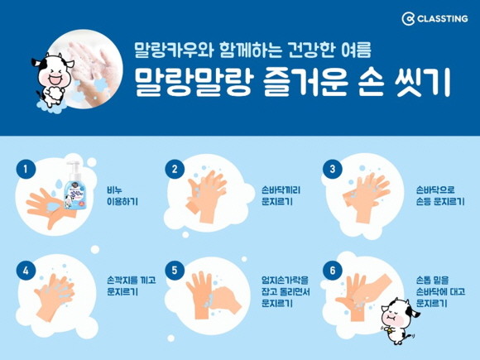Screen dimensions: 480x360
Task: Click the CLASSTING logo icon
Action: click(408, 19)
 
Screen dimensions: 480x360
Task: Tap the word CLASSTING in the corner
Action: click(443, 19)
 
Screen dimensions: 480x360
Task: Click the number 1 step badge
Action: click(26, 169)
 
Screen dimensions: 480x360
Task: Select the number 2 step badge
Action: click(175, 169)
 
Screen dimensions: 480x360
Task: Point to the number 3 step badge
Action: click(333, 169)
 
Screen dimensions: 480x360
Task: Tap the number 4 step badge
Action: click(26, 271)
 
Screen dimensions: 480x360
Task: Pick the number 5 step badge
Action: click(175, 271)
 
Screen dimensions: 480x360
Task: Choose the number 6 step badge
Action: click(333, 271)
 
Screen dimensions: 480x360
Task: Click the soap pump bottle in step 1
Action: click(73, 185)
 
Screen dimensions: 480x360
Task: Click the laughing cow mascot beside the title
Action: click(51, 80)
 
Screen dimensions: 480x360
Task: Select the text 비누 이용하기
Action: click(122, 196)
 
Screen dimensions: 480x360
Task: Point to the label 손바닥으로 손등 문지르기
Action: click(440, 196)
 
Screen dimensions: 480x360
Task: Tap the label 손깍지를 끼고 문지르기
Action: click(132, 286)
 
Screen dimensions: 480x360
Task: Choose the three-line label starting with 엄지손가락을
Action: click(286, 291)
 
